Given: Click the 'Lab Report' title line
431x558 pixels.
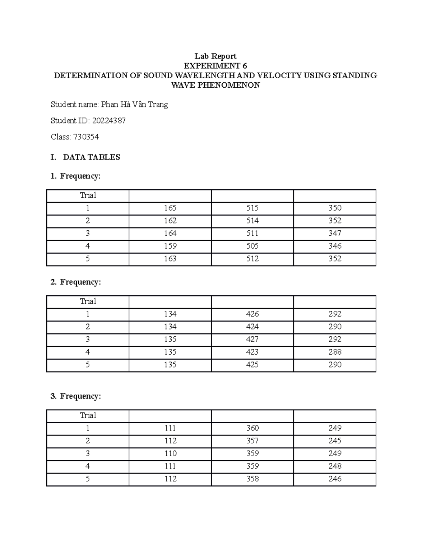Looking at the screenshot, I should click(215, 56).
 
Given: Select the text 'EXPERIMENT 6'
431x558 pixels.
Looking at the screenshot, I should click(215, 66).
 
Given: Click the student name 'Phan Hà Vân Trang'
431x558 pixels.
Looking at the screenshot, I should click(134, 105).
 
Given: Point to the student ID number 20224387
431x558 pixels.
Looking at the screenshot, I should click(109, 121).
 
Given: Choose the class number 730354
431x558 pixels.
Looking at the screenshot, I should click(86, 137).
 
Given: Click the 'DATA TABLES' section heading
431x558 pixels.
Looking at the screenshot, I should click(91, 157).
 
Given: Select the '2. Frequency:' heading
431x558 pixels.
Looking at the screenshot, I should click(76, 282).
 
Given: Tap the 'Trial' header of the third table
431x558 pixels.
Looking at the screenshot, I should click(88, 415).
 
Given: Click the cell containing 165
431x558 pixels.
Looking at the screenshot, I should click(170, 208).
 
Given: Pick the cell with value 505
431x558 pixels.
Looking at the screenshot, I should click(252, 246).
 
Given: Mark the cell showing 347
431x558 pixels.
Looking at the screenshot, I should click(334, 234).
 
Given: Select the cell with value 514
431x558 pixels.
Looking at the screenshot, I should click(252, 221).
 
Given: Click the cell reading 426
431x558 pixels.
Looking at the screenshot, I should click(252, 314).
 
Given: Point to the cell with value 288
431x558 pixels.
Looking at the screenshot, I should click(334, 352).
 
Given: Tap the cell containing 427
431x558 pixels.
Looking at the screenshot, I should click(252, 340).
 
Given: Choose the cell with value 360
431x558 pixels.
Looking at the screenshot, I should click(252, 428).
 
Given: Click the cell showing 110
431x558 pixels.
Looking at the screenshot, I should click(170, 453).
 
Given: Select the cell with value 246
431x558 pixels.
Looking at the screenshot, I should click(334, 479).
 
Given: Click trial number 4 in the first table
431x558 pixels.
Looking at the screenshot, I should click(88, 246).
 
